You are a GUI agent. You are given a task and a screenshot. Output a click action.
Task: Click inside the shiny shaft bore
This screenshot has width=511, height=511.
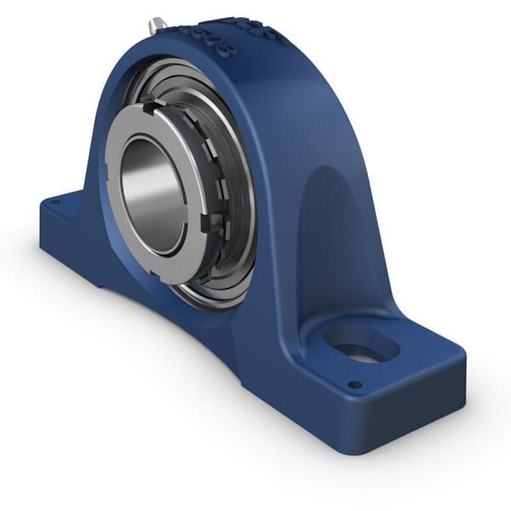[153, 195]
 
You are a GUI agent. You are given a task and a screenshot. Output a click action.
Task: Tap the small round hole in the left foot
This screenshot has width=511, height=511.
[55, 203]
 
